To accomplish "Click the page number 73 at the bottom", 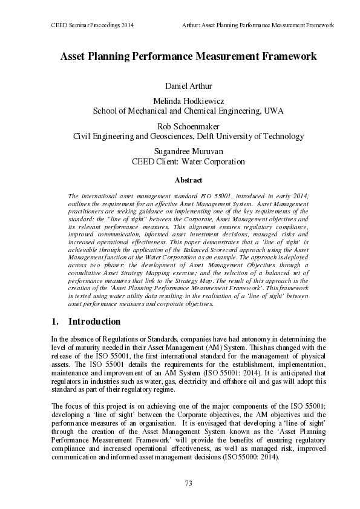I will pyautogui.click(x=188, y=482).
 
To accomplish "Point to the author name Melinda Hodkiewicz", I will pyautogui.click(x=188, y=101).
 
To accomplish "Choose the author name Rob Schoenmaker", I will pyautogui.click(x=188, y=126).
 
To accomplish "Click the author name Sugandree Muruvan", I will pyautogui.click(x=188, y=152).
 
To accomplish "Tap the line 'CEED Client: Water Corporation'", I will pyautogui.click(x=188, y=162).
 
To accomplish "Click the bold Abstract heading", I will pyautogui.click(x=188, y=180).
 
